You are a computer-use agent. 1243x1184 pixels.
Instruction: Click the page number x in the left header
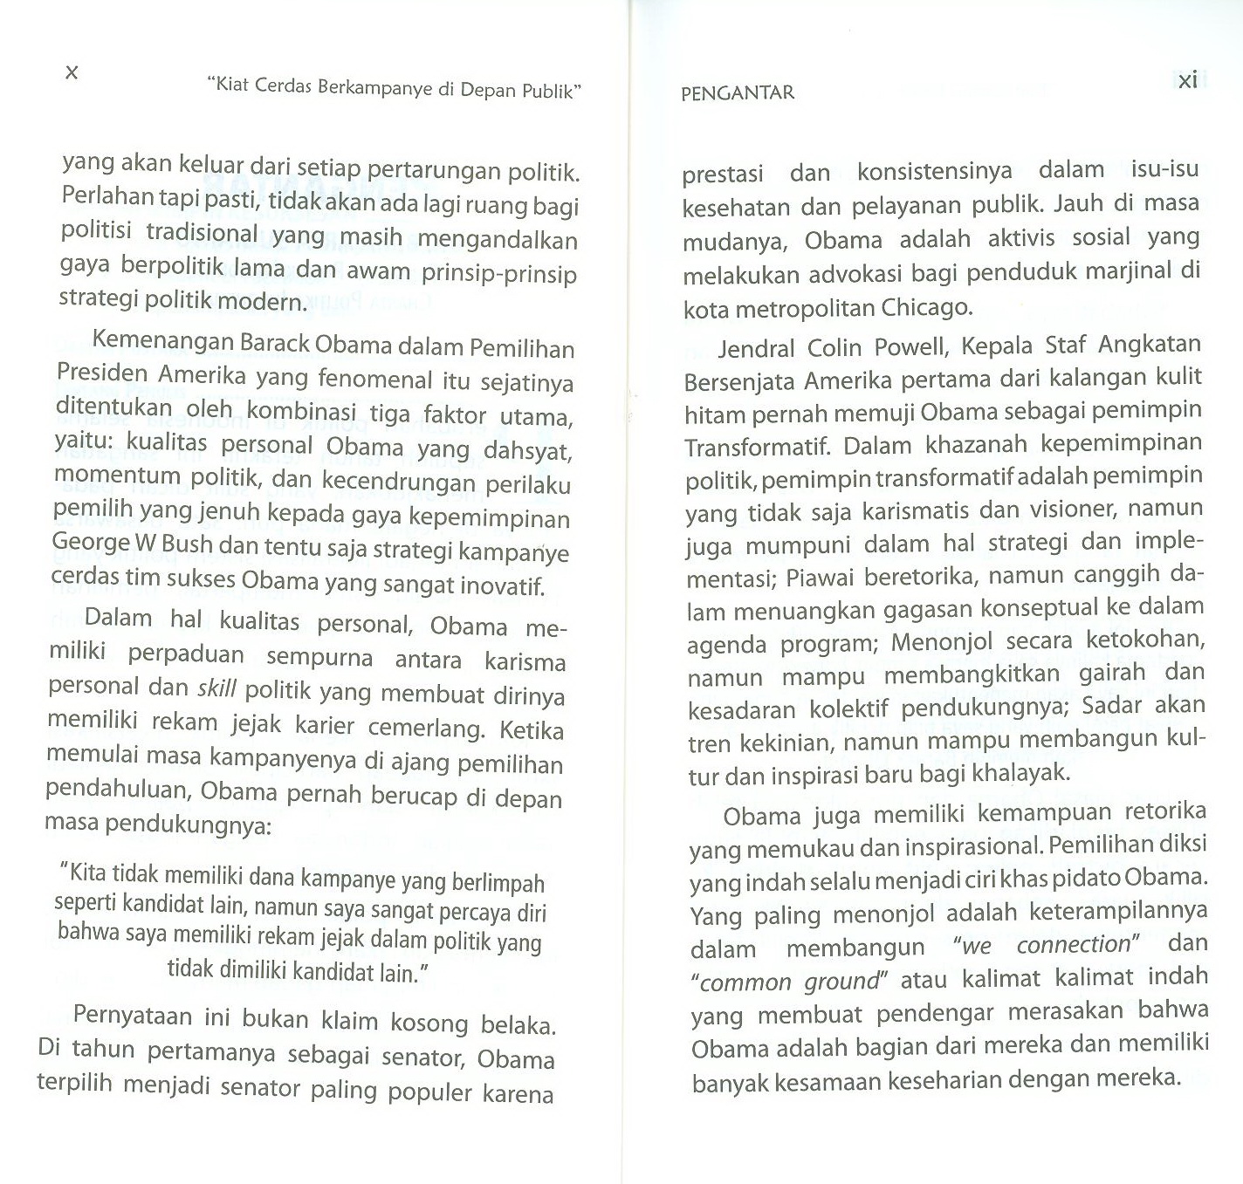click(72, 73)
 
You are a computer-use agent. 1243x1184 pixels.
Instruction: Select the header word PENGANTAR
click(738, 93)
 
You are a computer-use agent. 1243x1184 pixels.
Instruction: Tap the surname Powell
click(907, 347)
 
